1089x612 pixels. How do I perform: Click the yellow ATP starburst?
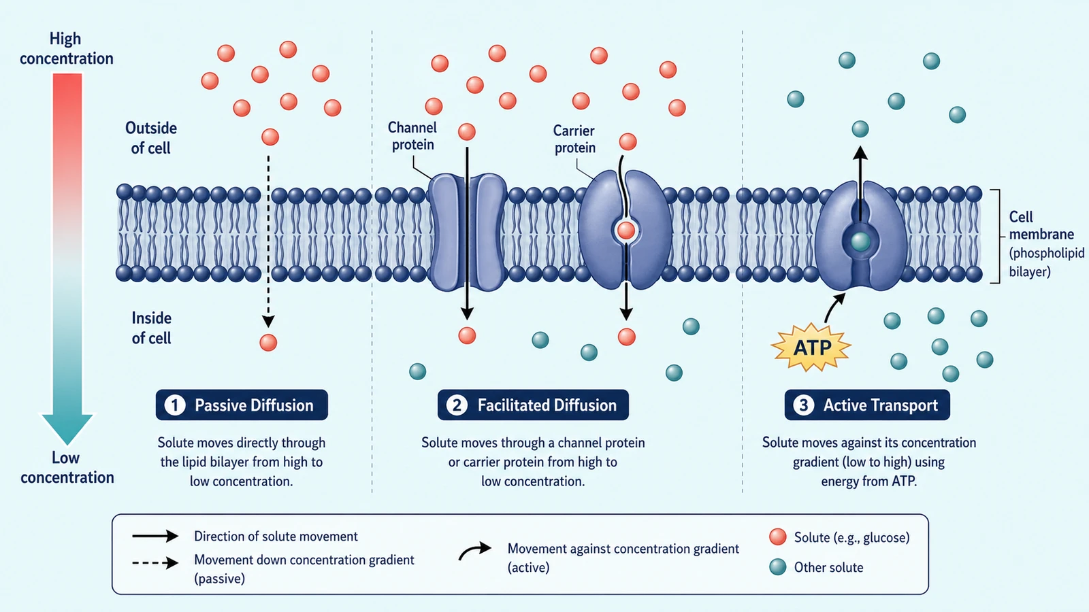tap(811, 347)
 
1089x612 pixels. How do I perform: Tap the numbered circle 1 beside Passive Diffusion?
tap(174, 405)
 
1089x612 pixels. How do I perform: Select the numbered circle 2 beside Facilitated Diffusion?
tap(457, 405)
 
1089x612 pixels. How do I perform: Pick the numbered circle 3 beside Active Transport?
tap(804, 405)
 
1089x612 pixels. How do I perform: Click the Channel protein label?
tap(412, 136)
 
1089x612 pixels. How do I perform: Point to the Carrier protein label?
tap(574, 139)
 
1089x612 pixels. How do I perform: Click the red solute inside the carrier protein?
tap(625, 231)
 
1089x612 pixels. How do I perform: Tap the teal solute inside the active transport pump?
tap(860, 241)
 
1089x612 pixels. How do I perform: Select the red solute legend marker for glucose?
tap(778, 537)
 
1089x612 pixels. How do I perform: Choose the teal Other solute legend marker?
tap(778, 567)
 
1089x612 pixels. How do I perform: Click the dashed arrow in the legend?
tap(156, 563)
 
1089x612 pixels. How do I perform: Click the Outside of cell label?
tap(150, 138)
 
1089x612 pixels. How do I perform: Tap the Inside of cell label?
tap(151, 328)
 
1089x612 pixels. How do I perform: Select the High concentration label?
tap(66, 48)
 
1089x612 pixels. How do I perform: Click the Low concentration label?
tap(67, 467)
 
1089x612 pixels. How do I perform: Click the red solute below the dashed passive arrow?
tap(268, 343)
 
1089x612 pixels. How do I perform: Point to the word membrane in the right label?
tap(1041, 235)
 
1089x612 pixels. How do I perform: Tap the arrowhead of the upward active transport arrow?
tap(860, 152)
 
